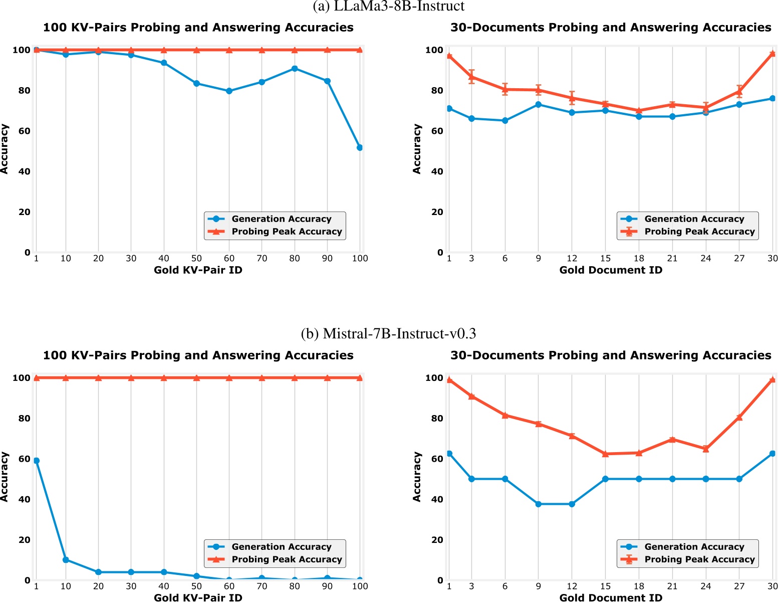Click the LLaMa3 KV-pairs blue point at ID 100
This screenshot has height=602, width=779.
pos(359,148)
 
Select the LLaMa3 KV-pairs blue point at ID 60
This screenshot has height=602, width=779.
pos(229,91)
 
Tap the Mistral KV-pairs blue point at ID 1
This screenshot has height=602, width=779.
pos(36,461)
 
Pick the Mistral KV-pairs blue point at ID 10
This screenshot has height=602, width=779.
pos(66,560)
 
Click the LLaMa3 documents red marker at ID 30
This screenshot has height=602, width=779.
pos(772,54)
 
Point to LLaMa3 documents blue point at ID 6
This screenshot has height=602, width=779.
pos(504,121)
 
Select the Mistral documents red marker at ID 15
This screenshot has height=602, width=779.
pos(605,454)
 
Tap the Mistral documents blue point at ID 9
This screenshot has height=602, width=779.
pos(538,504)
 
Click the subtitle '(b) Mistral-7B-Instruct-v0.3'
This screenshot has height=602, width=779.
pos(388,334)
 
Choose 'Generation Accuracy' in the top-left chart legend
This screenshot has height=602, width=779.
pos(281,219)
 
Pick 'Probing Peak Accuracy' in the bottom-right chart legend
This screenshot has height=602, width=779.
pos(699,559)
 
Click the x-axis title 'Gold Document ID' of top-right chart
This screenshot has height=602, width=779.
pos(611,270)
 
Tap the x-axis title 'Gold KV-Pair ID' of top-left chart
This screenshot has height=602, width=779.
pos(198,270)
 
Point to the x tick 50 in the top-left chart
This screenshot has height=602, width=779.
pos(196,259)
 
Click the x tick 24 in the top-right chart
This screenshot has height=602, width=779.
pos(705,259)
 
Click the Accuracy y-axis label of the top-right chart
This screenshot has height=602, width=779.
pos(417,149)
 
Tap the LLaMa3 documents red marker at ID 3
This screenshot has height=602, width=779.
pos(471,77)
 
